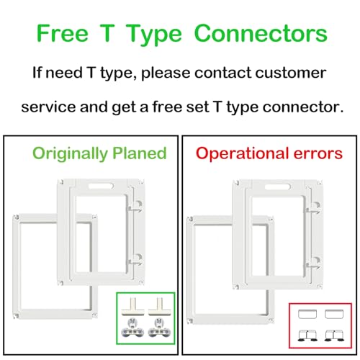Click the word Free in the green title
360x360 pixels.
pyautogui.click(x=63, y=33)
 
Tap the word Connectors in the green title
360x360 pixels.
pyautogui.click(x=261, y=33)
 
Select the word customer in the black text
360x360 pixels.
pyautogui.click(x=291, y=73)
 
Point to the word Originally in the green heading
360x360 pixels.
pyautogui.click(x=70, y=153)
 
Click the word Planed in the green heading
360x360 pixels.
pyautogui.click(x=140, y=153)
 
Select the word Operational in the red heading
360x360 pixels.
pyautogui.click(x=242, y=154)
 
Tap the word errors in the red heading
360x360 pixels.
pyautogui.click(x=318, y=153)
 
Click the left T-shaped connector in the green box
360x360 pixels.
pyautogui.click(x=132, y=307)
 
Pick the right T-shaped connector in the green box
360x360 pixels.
pyautogui.click(x=159, y=307)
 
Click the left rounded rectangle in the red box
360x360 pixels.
pyautogui.click(x=307, y=314)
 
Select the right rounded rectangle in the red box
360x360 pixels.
pyautogui.click(x=334, y=314)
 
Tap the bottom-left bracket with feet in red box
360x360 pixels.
pyautogui.click(x=307, y=336)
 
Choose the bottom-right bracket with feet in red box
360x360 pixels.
pyautogui.click(x=334, y=336)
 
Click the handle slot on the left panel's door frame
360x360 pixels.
pyautogui.click(x=101, y=186)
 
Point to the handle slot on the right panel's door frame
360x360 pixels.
pyautogui.click(x=278, y=186)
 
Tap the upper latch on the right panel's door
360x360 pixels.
pyautogui.click(x=314, y=208)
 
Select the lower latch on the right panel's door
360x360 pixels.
pyautogui.click(x=314, y=263)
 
